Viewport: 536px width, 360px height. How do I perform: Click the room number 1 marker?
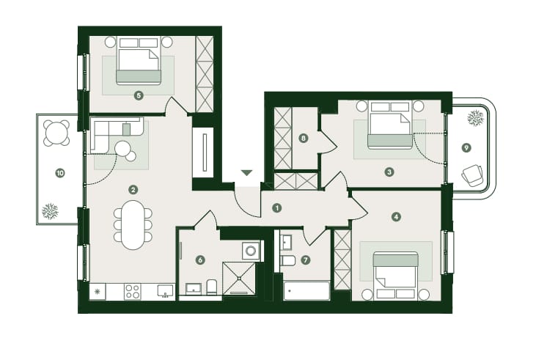coord(277,207)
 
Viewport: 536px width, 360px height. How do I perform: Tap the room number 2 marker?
coord(133,188)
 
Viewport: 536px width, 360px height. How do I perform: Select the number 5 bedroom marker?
coord(139,95)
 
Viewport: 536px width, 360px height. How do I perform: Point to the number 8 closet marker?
coord(303,137)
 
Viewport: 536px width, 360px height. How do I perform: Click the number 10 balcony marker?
coord(59,173)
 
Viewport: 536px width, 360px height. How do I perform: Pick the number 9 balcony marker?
coord(466,147)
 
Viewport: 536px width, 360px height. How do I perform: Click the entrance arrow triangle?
coord(247,173)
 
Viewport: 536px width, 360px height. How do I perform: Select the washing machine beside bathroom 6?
coord(252,251)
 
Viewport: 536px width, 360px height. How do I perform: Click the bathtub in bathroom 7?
coord(306,291)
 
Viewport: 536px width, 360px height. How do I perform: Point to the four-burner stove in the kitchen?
coord(133,291)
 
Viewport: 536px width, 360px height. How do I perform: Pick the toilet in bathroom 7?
coord(288,260)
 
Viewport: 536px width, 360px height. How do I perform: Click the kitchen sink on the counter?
coord(166,290)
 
